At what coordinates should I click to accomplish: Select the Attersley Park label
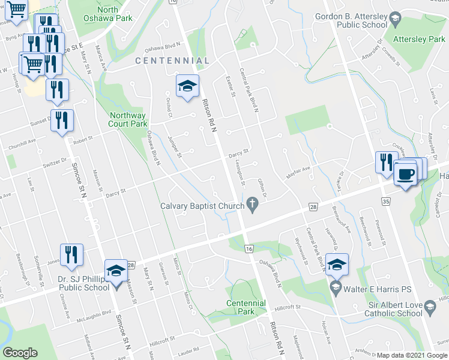(418, 38)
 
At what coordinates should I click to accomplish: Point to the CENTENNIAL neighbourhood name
(172, 61)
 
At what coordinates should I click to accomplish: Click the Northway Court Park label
(127, 119)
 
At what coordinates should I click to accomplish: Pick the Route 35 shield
(385, 201)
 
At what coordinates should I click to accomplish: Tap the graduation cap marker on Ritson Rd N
(187, 86)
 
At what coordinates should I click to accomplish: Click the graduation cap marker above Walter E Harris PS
(337, 265)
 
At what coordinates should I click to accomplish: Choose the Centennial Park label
(246, 307)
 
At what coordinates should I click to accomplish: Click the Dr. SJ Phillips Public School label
(83, 283)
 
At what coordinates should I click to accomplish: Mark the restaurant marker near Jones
(71, 255)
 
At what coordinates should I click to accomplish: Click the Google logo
(20, 353)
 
